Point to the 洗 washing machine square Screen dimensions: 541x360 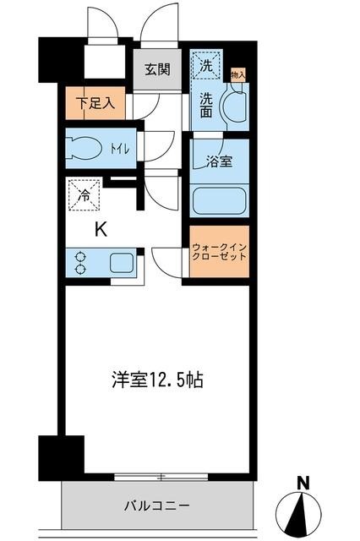(206, 63)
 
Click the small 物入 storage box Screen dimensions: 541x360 (237, 76)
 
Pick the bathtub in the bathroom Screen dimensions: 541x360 (220, 201)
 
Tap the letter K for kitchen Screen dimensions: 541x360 (99, 228)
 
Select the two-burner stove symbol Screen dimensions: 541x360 (81, 262)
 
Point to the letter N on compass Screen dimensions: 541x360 (302, 484)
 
